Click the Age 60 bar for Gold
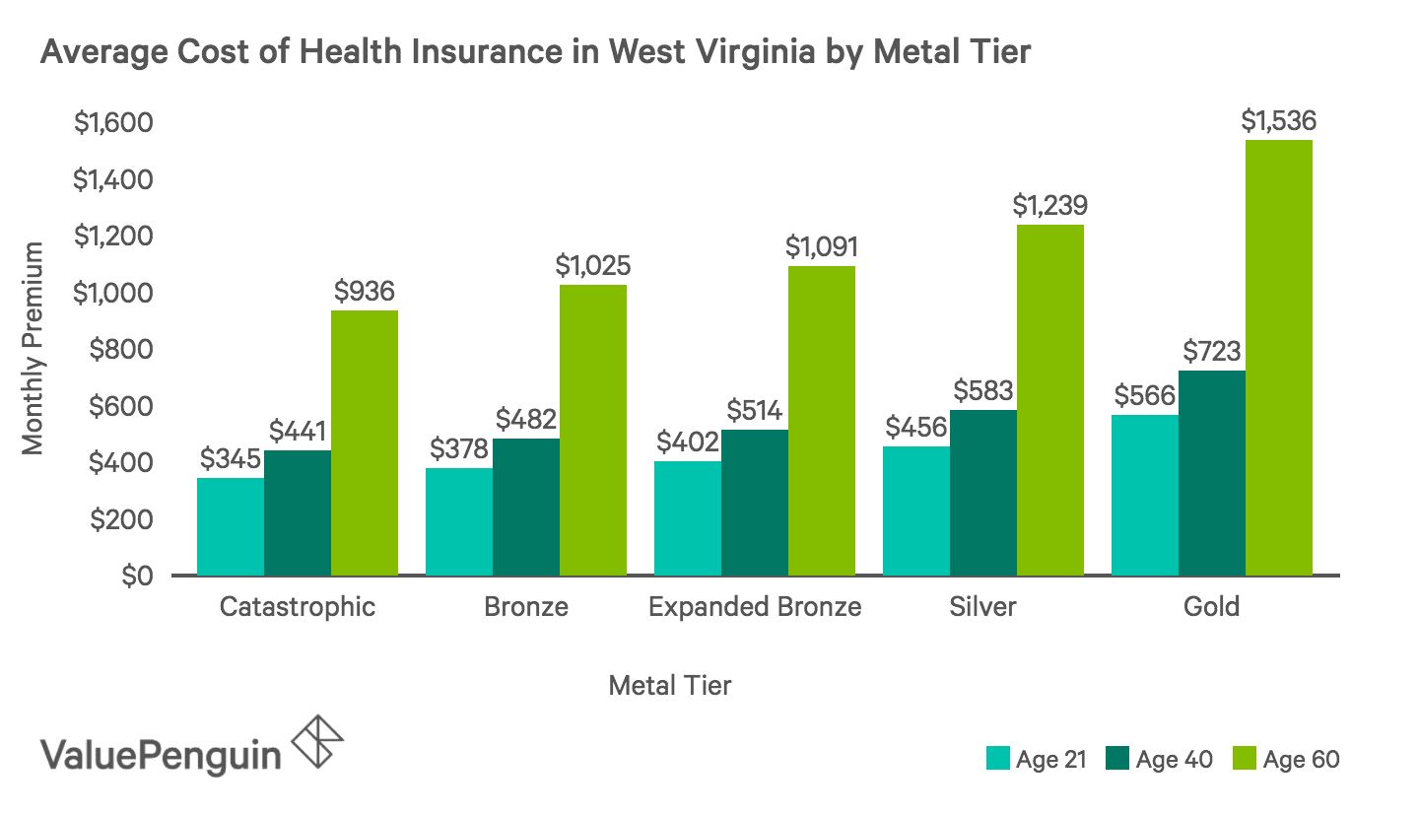point(1278,357)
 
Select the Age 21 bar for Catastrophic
point(231,526)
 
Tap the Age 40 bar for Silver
point(982,492)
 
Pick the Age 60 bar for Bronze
point(592,430)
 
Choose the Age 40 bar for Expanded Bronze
point(754,502)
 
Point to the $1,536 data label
point(1278,121)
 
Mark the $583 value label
point(982,391)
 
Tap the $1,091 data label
point(821,246)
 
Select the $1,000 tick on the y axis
point(113,294)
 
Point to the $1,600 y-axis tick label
point(113,124)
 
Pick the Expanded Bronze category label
point(755,606)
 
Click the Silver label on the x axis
point(982,606)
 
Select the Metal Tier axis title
point(670,685)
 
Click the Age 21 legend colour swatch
point(997,759)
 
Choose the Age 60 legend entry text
point(1301,759)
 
